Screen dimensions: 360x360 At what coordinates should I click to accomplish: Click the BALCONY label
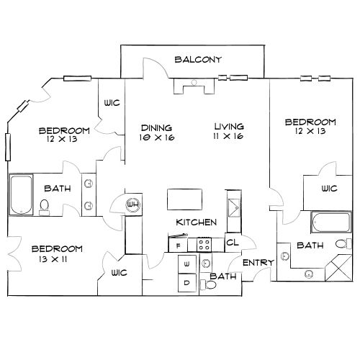coord(198,60)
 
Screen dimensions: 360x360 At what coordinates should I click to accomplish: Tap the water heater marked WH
coord(132,204)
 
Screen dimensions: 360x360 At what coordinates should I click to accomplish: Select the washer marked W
coord(187,264)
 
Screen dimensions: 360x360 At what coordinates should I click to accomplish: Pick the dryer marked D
coord(187,283)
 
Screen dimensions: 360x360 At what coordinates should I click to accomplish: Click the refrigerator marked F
coord(178,246)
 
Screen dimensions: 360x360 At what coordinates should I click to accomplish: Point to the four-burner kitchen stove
coord(204,245)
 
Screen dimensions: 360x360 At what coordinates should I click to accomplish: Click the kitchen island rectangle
coord(184,199)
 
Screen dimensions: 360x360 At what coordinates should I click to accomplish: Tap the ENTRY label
coord(258,263)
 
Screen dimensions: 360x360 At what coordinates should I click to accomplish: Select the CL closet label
coord(233,243)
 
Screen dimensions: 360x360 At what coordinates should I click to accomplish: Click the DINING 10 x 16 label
coord(157,132)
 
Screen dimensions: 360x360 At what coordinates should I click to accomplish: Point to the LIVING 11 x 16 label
coord(229,131)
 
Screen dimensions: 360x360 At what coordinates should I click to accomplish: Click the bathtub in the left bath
coord(21,194)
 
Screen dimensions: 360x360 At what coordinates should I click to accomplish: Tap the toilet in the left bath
coord(44,207)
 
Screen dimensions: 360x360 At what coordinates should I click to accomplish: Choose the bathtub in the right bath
coord(331,222)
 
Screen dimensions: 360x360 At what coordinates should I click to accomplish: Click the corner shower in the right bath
coord(338,268)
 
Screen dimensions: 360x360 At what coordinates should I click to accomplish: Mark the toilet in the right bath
coord(343,244)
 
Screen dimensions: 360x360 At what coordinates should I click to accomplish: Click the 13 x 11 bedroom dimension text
coord(53,259)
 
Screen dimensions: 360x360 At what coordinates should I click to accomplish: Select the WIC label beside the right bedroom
coord(330,189)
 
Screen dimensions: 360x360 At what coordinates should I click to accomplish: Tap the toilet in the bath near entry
coord(208,285)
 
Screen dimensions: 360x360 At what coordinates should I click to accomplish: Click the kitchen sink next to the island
coord(234,208)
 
